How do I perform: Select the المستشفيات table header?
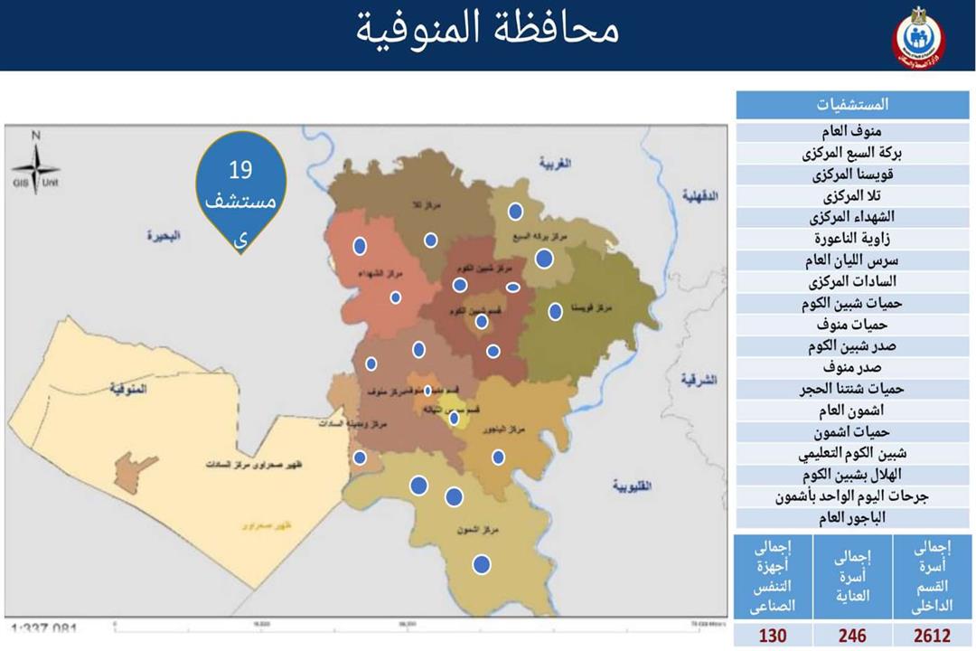853,105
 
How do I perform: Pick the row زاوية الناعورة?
853,240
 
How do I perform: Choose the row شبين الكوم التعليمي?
853,454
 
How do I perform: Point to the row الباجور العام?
853,518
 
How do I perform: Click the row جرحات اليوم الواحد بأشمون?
853,496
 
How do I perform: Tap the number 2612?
932,636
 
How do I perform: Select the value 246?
851,636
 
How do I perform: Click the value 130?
772,636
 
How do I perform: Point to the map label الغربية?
557,164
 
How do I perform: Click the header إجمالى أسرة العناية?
851,576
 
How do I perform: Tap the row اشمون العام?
853,410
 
